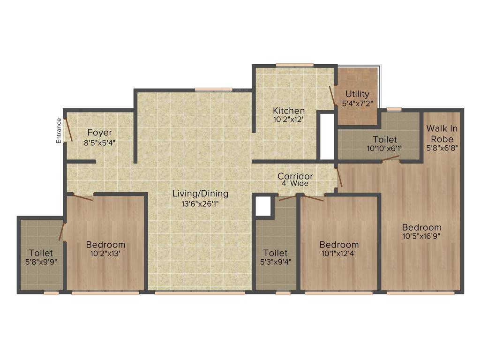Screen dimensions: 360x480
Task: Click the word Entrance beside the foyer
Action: [x=59, y=130]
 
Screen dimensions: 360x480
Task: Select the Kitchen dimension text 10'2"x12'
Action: [x=289, y=119]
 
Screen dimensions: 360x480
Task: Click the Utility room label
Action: [x=357, y=94]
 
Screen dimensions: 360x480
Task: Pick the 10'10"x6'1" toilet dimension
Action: [x=385, y=148]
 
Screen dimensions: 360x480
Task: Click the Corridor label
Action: [x=295, y=176]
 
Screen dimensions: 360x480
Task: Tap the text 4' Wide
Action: [x=295, y=184]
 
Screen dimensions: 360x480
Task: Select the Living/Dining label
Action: [x=200, y=193]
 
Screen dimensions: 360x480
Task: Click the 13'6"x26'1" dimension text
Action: [x=200, y=203]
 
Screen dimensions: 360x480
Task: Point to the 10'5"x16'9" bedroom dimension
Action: [x=421, y=236]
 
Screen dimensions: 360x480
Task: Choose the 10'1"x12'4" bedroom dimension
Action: [x=339, y=254]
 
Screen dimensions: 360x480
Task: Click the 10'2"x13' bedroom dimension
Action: [x=105, y=254]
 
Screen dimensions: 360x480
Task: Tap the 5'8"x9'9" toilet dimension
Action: [x=40, y=262]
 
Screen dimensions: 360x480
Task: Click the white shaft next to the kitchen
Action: [x=326, y=136]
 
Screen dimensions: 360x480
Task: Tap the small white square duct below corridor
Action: [x=263, y=206]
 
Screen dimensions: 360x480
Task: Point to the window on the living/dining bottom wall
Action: [x=200, y=293]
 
